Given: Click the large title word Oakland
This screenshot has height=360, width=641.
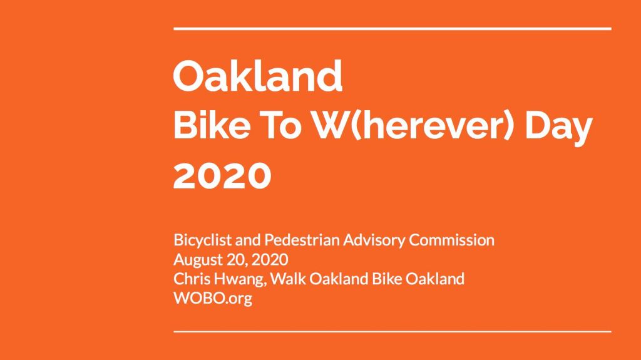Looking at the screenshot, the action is [x=258, y=76].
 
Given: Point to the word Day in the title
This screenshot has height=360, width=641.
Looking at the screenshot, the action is [x=558, y=128].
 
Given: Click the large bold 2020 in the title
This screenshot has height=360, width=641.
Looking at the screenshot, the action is [x=222, y=175].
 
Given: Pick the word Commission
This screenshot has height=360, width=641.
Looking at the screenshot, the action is [x=452, y=240].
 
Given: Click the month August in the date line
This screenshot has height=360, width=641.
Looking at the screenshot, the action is [x=194, y=260].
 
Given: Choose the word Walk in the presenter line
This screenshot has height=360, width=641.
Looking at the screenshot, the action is [x=288, y=279].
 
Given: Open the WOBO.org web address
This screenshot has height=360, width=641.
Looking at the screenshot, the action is [x=213, y=299].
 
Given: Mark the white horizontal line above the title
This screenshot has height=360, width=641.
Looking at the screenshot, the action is [x=392, y=29].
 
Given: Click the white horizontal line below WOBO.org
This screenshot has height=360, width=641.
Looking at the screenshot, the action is [x=392, y=331].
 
